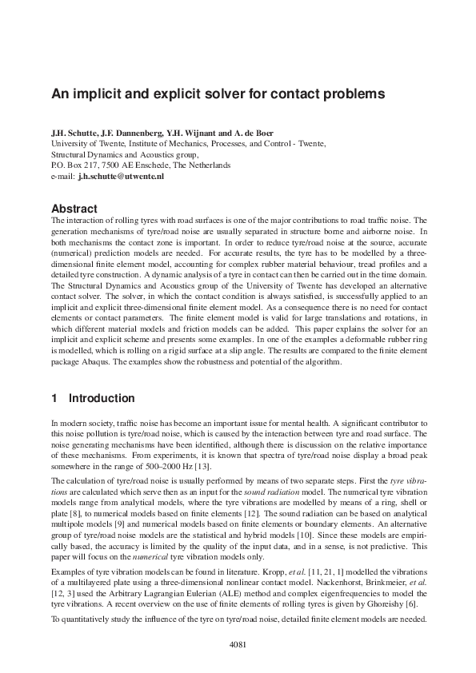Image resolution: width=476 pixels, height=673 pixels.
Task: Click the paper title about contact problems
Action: (218, 94)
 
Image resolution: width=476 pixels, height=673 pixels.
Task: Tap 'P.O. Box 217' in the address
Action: (74, 165)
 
